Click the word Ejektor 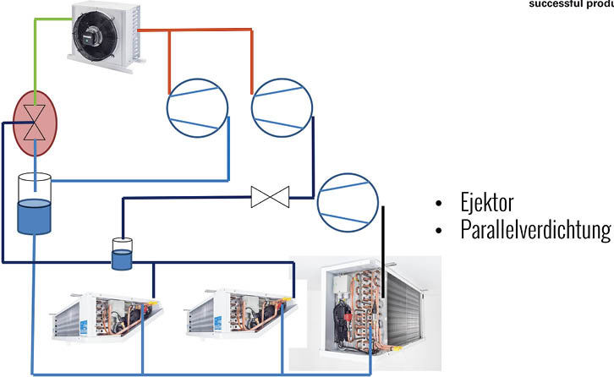coord(488,203)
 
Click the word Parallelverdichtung coord(535,229)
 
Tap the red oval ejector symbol coord(34,123)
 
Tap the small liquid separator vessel coord(123,254)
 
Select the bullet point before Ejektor coord(438,205)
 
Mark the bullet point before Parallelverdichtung coord(438,229)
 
